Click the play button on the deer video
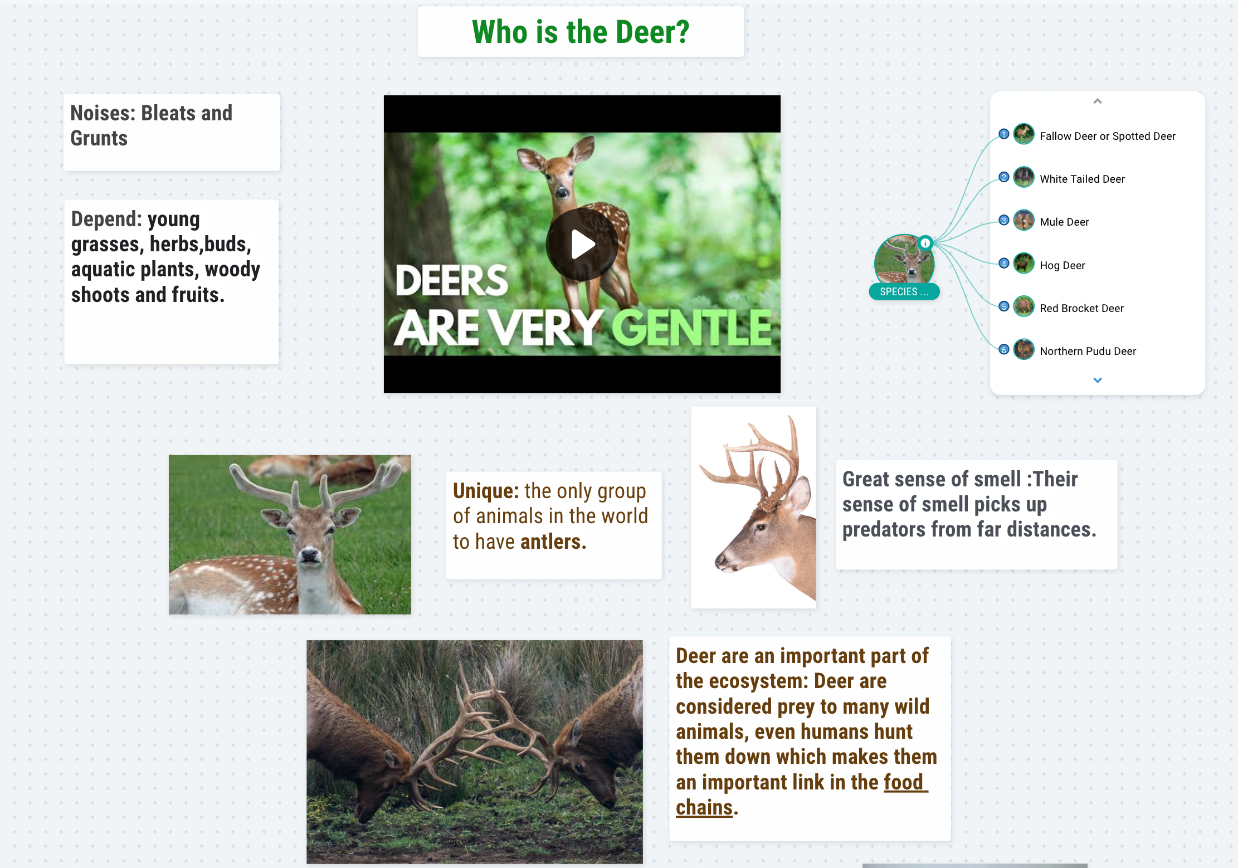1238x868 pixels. (x=582, y=244)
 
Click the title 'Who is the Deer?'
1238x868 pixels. (x=581, y=32)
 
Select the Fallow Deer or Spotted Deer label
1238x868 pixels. (x=1107, y=136)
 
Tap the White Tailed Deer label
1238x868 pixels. (x=1082, y=179)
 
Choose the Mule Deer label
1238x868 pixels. (x=1064, y=222)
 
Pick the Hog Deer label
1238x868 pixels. (x=1062, y=265)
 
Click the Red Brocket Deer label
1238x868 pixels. (x=1081, y=308)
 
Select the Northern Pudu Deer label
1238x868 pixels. (x=1088, y=351)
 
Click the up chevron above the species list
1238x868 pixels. (x=1098, y=101)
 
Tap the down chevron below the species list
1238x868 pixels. (x=1098, y=381)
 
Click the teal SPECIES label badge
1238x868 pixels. (x=904, y=291)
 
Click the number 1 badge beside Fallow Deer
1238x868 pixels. (x=1004, y=134)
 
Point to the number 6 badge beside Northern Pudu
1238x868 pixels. (x=1004, y=349)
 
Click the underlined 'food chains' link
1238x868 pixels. (x=801, y=794)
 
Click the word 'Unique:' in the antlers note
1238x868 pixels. (x=486, y=491)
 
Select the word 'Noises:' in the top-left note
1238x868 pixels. (x=103, y=113)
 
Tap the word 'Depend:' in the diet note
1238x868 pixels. (x=107, y=219)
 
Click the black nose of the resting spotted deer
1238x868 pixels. (x=310, y=555)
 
